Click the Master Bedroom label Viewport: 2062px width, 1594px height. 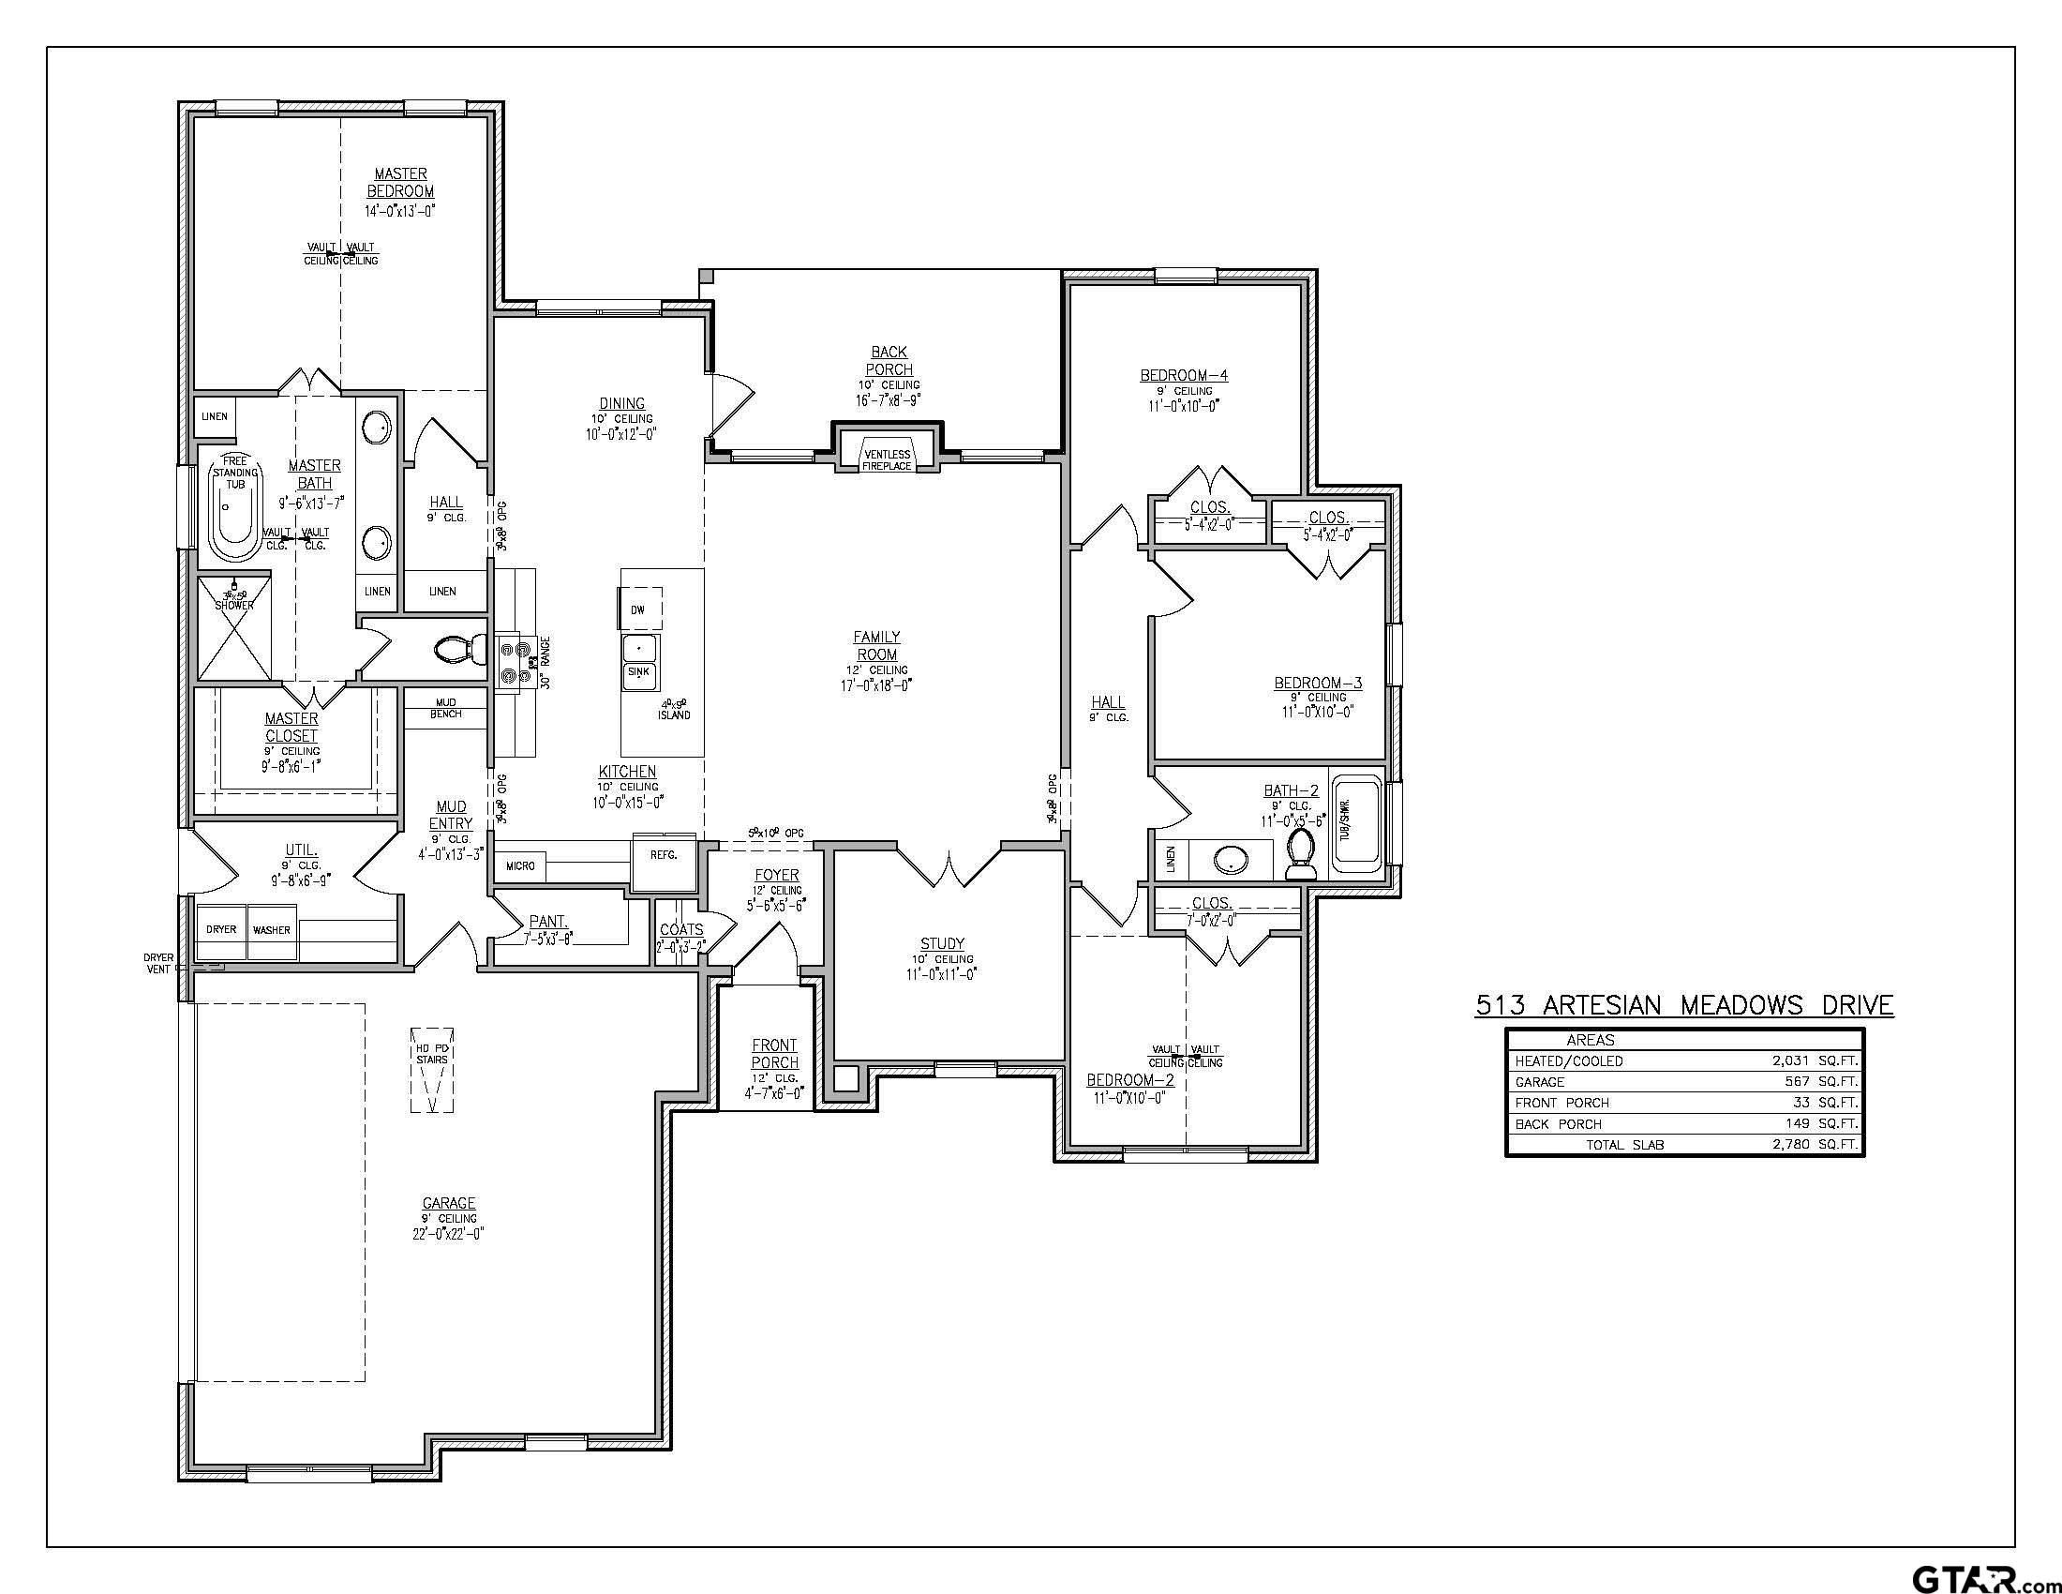coord(400,182)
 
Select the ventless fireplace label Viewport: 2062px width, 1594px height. coord(887,460)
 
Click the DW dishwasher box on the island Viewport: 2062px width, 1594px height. coord(639,610)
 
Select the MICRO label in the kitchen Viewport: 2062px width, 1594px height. coord(520,866)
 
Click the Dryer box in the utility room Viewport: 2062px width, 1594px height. coord(221,930)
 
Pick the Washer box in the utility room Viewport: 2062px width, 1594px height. coord(271,930)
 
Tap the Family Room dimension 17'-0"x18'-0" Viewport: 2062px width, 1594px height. coord(876,686)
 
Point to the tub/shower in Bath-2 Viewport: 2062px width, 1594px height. coord(1357,820)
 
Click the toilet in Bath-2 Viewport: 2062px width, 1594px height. coord(1302,848)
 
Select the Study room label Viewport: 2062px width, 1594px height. coord(942,943)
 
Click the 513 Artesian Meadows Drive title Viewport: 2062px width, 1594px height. coord(1684,1006)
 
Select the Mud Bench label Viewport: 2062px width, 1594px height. coord(445,708)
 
